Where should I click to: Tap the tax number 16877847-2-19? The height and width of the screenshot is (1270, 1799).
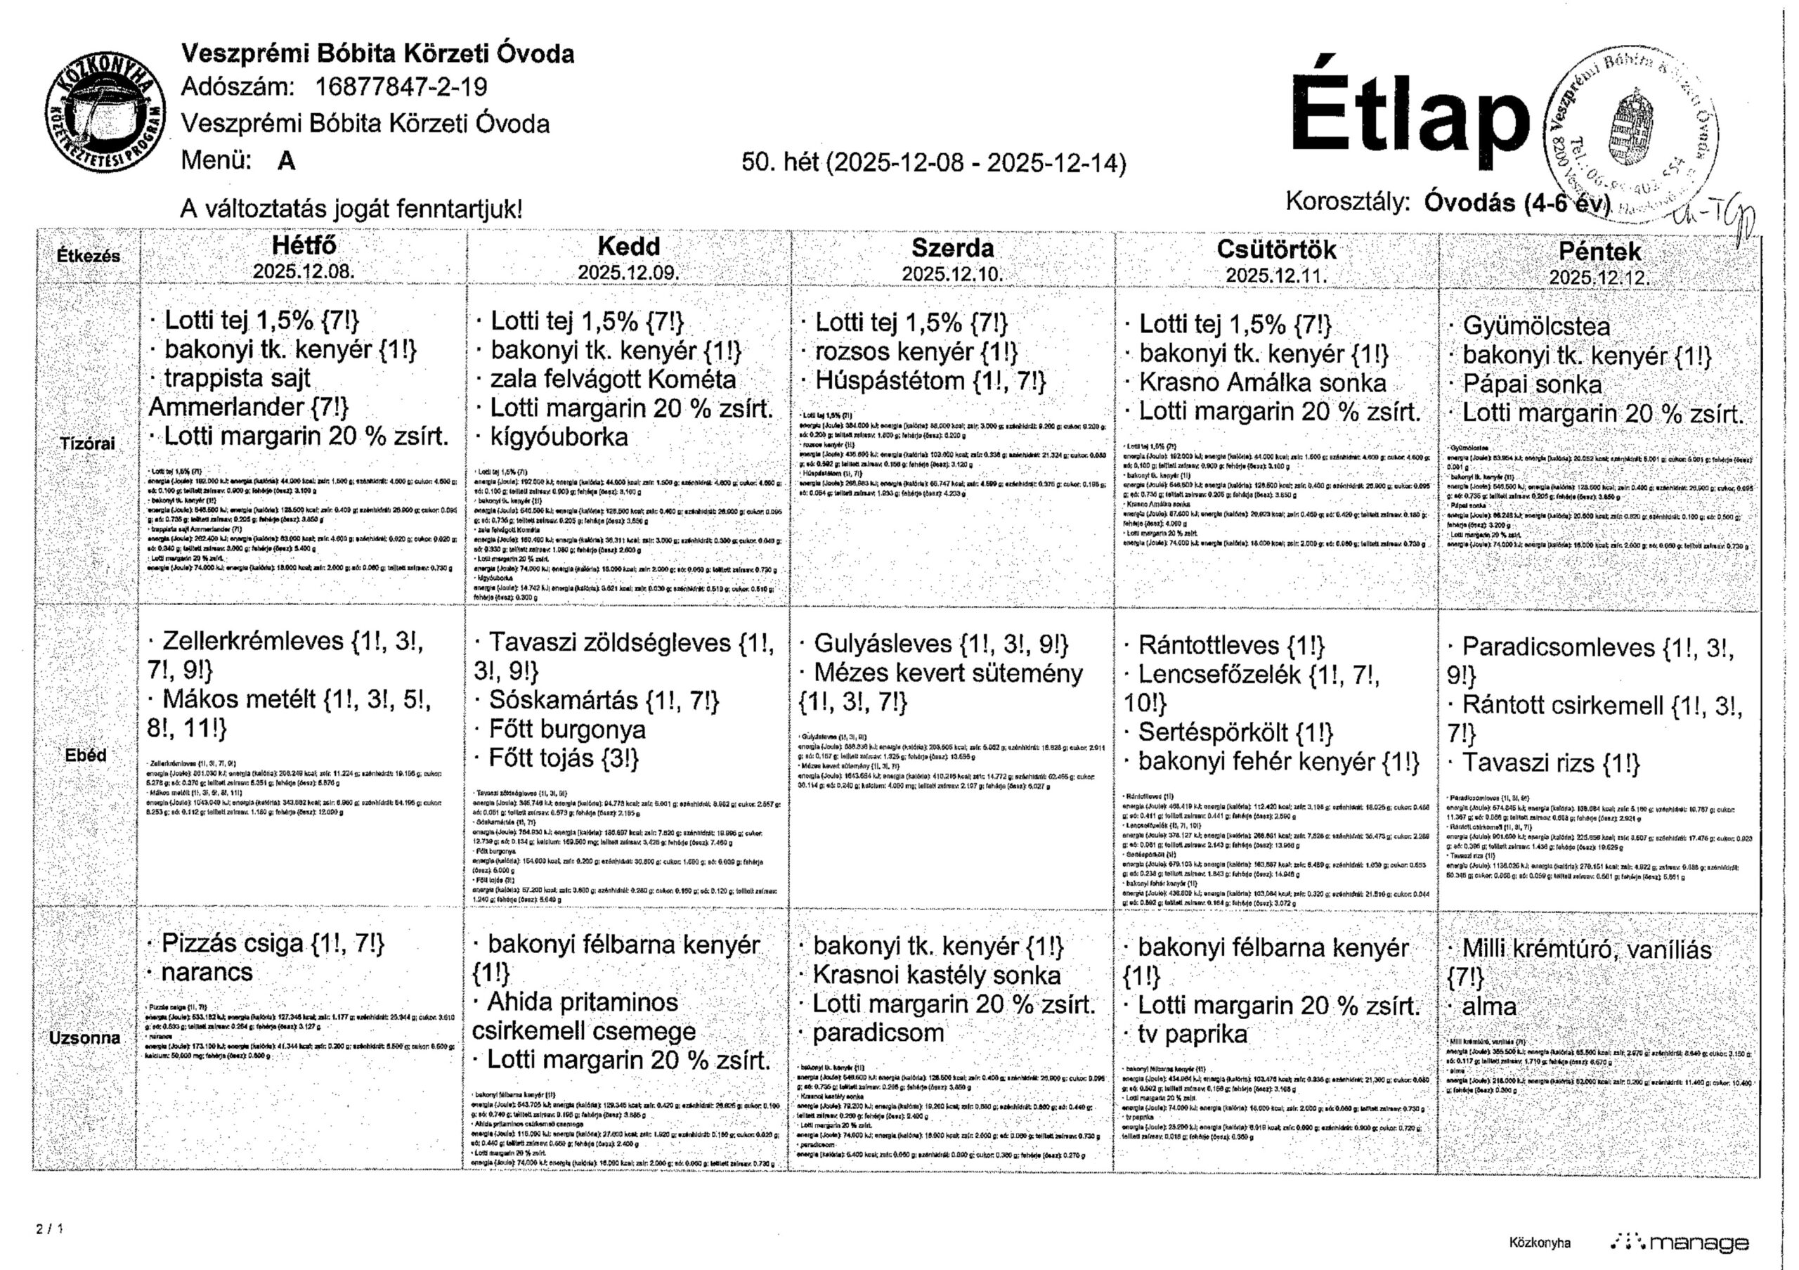click(x=401, y=87)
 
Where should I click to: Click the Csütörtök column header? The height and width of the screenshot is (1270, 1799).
click(x=1276, y=249)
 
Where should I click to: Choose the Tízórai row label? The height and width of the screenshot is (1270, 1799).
click(x=87, y=444)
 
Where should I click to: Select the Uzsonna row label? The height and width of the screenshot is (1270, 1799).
click(x=84, y=1037)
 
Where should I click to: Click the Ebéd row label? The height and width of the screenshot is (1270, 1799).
click(x=86, y=756)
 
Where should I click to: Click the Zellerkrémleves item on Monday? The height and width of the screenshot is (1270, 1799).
click(x=252, y=642)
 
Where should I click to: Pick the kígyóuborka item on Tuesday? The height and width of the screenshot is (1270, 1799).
click(x=559, y=437)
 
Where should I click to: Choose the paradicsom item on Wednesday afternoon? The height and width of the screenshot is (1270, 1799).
click(x=878, y=1032)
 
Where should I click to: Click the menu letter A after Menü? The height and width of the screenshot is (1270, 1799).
click(x=286, y=161)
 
